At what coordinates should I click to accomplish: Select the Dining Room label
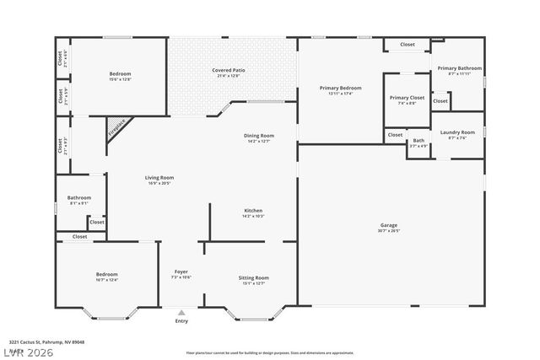tap(258, 136)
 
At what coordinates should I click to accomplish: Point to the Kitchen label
tap(253, 210)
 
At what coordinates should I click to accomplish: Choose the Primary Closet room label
tap(407, 98)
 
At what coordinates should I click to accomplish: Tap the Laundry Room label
tap(457, 132)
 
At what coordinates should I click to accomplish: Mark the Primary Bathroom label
tap(459, 68)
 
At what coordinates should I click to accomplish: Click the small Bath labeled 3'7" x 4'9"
tap(418, 141)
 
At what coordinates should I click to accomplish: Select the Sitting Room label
tap(253, 277)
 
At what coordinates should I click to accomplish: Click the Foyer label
tap(181, 271)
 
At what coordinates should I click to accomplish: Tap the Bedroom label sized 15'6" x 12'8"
tap(120, 74)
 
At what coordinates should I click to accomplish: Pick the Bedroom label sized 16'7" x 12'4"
tap(106, 274)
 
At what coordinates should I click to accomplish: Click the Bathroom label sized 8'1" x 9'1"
tap(79, 198)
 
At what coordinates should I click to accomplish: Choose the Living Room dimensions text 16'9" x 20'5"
tap(159, 183)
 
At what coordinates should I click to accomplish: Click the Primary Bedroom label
tap(340, 88)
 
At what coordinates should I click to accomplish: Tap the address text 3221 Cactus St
tap(46, 342)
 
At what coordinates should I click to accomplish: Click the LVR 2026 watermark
tap(28, 352)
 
